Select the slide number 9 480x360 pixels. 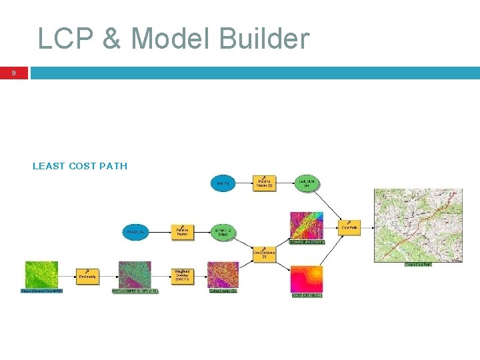click(14, 73)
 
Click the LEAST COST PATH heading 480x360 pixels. click(80, 166)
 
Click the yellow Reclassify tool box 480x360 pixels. click(87, 275)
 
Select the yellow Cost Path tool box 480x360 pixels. click(349, 228)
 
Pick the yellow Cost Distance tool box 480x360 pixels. click(264, 254)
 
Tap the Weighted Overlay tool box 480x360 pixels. click(182, 275)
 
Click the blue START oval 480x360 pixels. click(135, 232)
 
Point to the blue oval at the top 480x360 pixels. click(223, 183)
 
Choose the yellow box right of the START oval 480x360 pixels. click(182, 232)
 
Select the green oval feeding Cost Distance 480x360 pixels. click(223, 232)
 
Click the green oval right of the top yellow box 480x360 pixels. click(306, 183)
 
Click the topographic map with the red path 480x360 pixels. click(418, 225)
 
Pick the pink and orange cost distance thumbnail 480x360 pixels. click(306, 279)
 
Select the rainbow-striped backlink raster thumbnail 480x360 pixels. click(306, 226)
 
